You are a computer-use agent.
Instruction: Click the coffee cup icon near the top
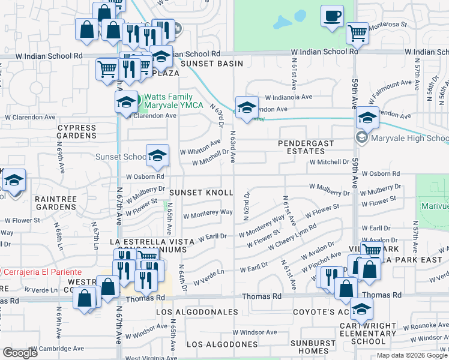[x=332, y=16]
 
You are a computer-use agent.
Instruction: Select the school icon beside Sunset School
[x=157, y=156]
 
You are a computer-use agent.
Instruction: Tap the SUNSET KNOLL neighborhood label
[x=200, y=193]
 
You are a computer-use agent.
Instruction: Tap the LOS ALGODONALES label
[x=197, y=313]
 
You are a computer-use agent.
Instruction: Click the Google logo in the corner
[x=20, y=353]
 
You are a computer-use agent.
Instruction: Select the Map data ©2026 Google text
[x=412, y=355]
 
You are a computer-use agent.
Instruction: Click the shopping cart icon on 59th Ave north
[x=357, y=34]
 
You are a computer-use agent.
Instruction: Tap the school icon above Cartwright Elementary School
[x=361, y=309]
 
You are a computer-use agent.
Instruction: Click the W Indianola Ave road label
[x=289, y=97]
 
